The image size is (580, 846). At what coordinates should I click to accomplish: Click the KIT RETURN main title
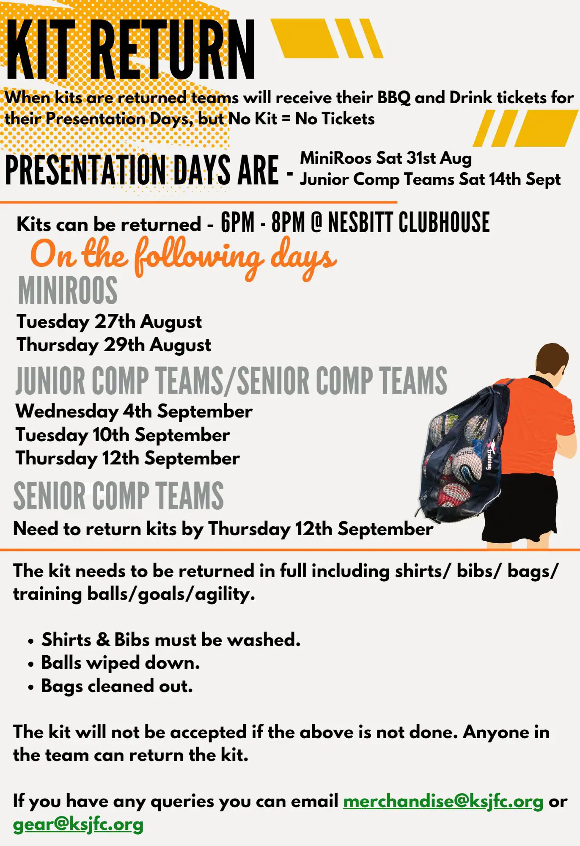click(x=130, y=50)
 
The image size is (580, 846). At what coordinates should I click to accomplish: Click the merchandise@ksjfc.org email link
click(x=443, y=801)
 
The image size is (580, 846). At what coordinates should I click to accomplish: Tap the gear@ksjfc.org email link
click(x=78, y=824)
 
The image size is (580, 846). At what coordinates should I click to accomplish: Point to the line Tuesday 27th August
click(x=109, y=322)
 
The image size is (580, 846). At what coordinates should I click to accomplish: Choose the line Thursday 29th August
click(x=114, y=345)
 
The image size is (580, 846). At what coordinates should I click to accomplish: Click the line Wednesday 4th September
click(x=134, y=412)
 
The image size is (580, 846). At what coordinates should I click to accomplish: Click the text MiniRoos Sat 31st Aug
click(x=385, y=158)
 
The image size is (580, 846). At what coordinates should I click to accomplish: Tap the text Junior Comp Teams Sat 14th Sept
click(x=430, y=179)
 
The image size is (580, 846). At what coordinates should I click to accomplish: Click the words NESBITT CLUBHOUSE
click(x=409, y=223)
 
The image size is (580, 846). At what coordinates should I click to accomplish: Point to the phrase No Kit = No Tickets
click(x=301, y=119)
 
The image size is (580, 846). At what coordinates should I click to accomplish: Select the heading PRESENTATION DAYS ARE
click(x=142, y=170)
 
